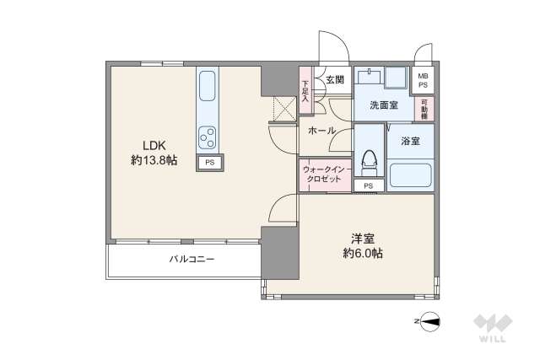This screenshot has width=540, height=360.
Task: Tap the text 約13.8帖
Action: click(x=153, y=160)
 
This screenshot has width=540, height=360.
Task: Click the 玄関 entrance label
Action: click(x=334, y=80)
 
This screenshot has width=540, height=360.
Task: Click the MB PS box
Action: click(x=423, y=81)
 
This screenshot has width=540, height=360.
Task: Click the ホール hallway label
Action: click(x=321, y=131)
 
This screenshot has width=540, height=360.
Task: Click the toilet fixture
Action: click(x=369, y=159)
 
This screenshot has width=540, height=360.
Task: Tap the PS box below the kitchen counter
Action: click(x=209, y=161)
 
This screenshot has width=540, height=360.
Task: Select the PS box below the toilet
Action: click(x=368, y=185)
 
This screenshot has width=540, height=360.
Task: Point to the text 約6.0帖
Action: click(x=363, y=253)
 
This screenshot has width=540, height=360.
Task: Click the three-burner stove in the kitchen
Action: click(x=208, y=136)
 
